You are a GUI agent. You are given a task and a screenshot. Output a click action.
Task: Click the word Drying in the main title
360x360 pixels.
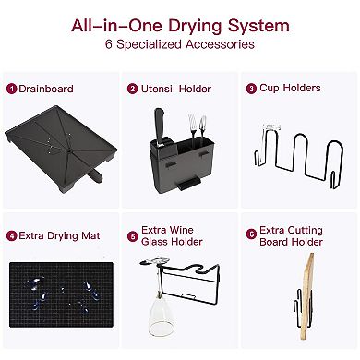pos(195,27)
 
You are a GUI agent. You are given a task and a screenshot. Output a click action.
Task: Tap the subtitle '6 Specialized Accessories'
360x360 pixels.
pos(180,44)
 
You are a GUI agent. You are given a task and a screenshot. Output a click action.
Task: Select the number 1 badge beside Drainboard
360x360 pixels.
pos(11,90)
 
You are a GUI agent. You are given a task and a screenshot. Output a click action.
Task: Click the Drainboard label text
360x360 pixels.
pos(46,89)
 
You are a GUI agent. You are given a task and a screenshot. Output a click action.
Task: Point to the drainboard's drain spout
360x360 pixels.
pos(95,175)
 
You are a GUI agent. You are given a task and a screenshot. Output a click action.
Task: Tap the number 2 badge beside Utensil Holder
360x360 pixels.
pos(132,89)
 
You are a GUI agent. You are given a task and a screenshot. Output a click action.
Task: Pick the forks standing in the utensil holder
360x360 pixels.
pos(198,126)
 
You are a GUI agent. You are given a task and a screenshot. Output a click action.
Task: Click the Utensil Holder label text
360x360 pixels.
pos(176,89)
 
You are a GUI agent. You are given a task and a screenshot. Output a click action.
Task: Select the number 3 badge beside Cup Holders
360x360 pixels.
pos(251,89)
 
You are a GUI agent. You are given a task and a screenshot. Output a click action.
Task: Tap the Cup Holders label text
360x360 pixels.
pos(290,89)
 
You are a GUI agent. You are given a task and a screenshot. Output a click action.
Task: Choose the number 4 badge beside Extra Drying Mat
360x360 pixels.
pos(11,236)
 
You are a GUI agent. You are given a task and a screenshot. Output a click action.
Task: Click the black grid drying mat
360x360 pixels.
pos(61,294)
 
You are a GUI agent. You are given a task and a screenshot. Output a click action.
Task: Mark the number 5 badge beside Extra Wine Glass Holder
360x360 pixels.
pos(132,236)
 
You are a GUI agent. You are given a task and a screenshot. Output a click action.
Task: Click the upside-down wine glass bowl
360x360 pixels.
pos(161,316)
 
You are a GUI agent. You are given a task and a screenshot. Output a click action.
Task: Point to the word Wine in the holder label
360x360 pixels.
pos(182,230)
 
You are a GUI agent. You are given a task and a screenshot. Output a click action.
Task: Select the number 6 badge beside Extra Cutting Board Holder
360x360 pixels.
pos(251,234)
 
